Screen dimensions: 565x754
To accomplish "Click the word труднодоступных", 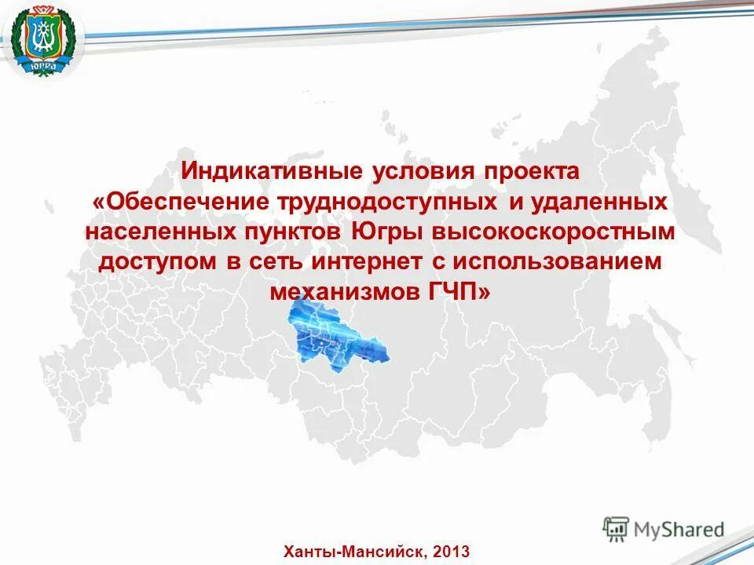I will click(x=386, y=202).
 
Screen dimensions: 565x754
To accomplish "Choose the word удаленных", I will click(x=600, y=202).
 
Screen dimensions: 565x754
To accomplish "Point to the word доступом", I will click(x=157, y=261).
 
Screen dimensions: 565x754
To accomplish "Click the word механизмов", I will click(x=346, y=291).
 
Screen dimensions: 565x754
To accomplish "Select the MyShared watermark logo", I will click(x=664, y=528).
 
